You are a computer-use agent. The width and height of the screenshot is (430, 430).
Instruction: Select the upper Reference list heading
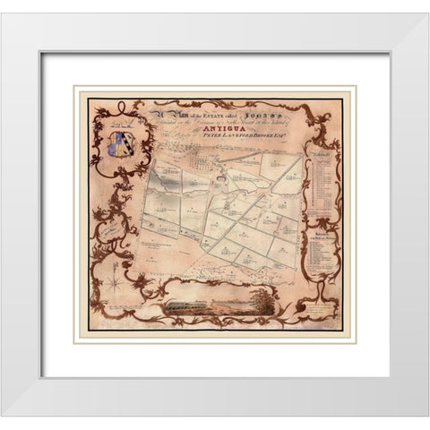point(321,156)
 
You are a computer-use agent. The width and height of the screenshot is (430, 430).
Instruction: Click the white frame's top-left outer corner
point(4,14)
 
